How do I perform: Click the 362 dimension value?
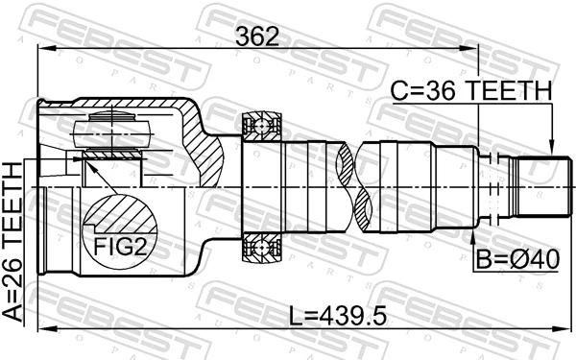(257, 36)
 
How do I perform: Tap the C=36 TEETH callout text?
(470, 91)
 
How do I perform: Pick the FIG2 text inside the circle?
(118, 247)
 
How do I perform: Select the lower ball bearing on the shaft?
(260, 250)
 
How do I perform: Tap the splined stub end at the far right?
(537, 186)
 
